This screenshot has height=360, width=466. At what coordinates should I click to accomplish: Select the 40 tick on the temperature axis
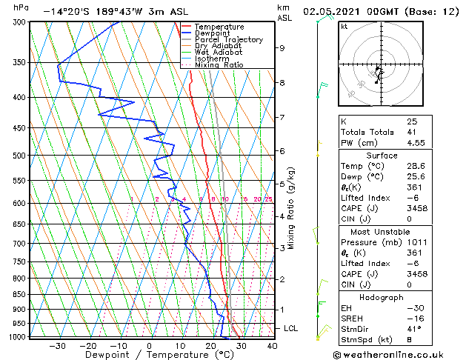tap(272, 345)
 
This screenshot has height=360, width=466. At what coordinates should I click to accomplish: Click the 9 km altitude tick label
tap(282, 48)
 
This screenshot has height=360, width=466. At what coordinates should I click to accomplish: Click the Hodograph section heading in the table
tap(381, 296)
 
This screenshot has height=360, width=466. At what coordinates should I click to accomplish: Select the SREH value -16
tap(413, 319)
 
